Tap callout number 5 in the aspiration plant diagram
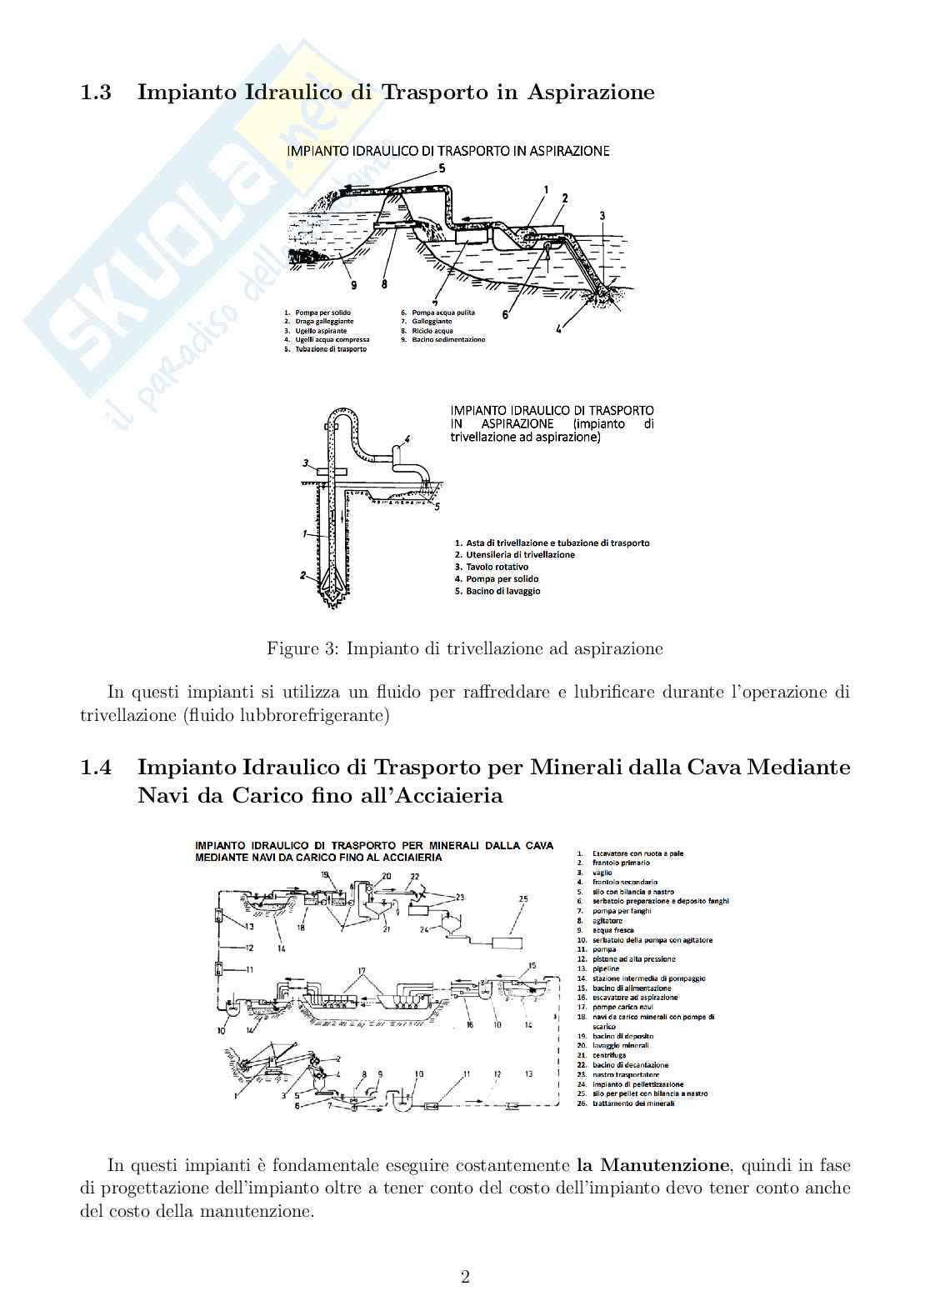(x=442, y=167)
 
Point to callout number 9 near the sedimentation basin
(x=353, y=286)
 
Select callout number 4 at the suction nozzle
(x=559, y=328)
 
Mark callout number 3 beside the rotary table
(x=306, y=463)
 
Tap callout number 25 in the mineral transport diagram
(x=523, y=899)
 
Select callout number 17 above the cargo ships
(x=361, y=971)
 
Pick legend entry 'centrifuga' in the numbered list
(x=609, y=1055)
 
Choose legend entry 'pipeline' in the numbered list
(x=606, y=969)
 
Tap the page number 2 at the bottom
(x=465, y=1277)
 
